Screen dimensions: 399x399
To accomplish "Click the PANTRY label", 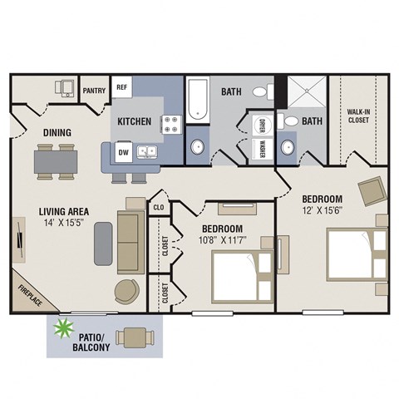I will tap(94, 91).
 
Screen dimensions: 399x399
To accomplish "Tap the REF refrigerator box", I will tap(122, 87).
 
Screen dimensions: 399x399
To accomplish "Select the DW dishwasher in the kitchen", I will tap(123, 153).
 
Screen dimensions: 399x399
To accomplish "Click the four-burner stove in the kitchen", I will tap(172, 124).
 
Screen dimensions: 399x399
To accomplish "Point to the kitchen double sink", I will tap(149, 152).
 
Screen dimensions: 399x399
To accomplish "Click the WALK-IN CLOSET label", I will tap(359, 116).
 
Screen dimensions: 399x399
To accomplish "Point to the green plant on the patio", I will tap(61, 331).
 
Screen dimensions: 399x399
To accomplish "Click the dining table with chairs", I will tap(56, 159).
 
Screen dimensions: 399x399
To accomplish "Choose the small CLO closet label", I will tap(158, 206).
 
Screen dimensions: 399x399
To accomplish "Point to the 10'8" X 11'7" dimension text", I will tap(222, 242).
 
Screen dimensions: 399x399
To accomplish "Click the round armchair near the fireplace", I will tap(127, 291).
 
